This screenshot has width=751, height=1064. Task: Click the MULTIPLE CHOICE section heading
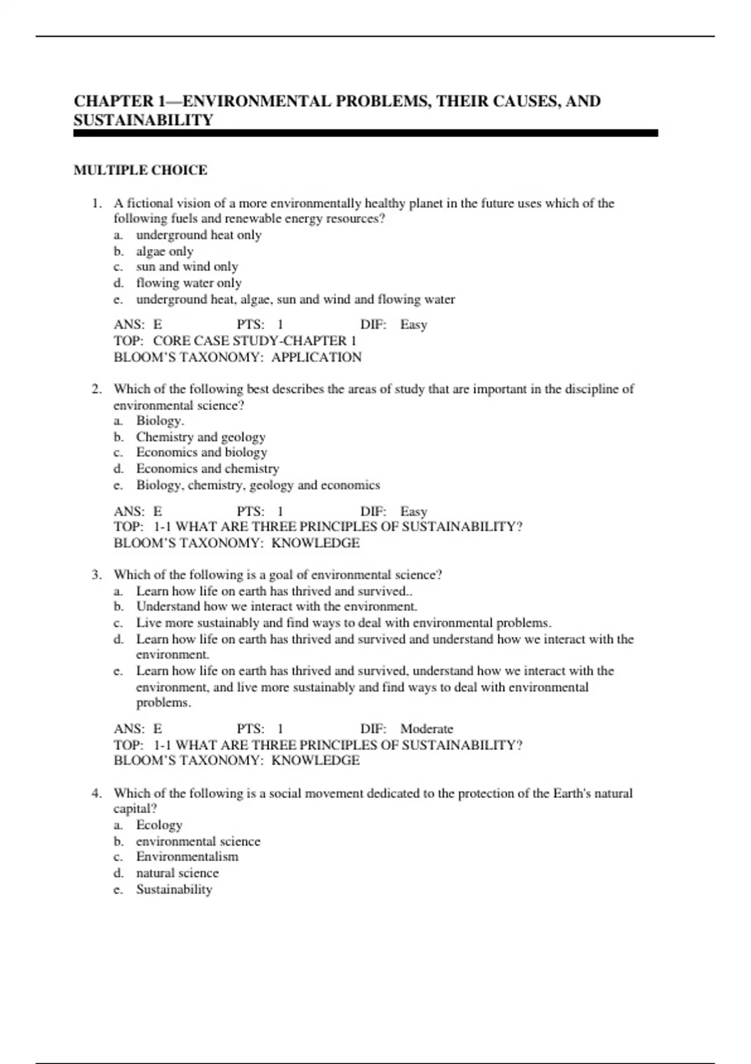(x=140, y=170)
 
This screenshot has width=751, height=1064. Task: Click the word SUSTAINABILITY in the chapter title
(x=143, y=120)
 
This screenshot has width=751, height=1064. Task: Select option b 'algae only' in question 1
(x=165, y=251)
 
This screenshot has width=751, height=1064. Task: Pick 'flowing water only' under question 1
(x=188, y=283)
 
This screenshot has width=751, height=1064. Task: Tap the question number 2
(x=96, y=389)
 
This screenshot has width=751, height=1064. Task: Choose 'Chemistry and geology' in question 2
(x=200, y=437)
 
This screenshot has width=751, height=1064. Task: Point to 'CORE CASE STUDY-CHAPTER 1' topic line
(x=254, y=341)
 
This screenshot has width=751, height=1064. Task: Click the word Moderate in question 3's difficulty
(x=426, y=729)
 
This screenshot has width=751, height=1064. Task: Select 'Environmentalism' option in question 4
(x=187, y=857)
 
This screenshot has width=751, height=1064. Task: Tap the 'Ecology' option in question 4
(x=159, y=825)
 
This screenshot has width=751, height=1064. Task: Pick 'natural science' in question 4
(x=177, y=873)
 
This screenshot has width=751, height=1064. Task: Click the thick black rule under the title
(x=365, y=133)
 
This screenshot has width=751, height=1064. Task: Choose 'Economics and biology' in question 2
(x=202, y=453)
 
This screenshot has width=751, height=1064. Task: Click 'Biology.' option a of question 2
(x=160, y=421)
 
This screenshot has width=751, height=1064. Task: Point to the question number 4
(x=96, y=794)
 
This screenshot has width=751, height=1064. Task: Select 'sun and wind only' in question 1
(x=187, y=267)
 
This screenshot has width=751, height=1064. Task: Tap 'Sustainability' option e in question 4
(x=174, y=889)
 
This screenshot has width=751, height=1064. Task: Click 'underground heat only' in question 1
(x=198, y=235)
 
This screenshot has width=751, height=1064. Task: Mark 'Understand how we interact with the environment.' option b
(x=277, y=606)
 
